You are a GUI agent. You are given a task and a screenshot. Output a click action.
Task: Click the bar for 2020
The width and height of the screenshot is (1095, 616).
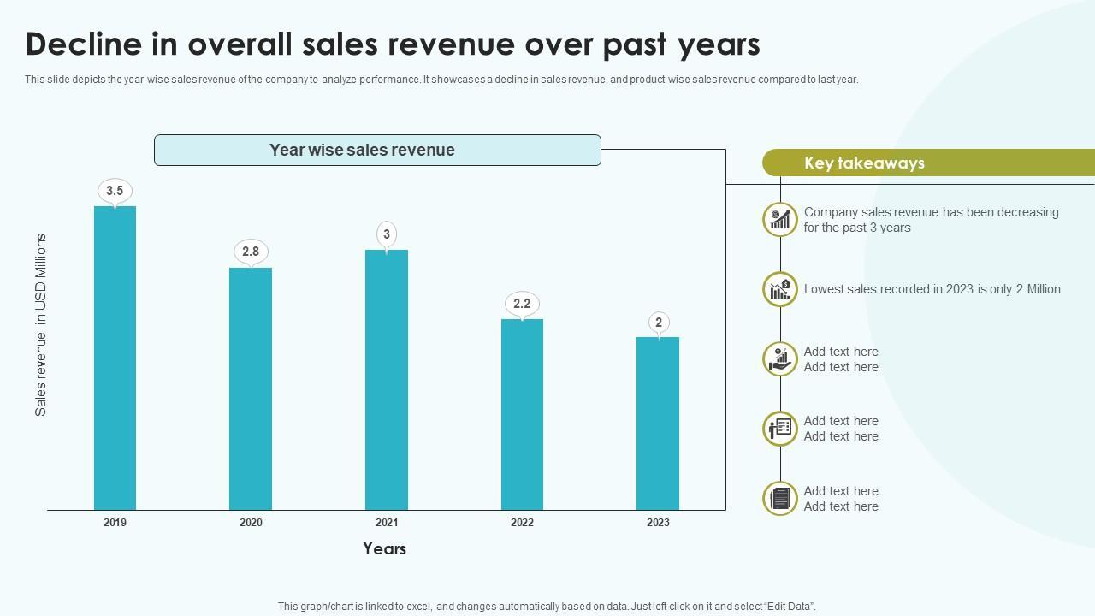(251, 388)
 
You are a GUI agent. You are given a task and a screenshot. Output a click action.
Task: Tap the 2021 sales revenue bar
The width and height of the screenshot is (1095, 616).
(387, 380)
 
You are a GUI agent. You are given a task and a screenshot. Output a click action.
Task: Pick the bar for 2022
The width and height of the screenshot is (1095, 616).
(522, 414)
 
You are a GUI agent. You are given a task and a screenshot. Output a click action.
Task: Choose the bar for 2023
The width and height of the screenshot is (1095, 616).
(658, 423)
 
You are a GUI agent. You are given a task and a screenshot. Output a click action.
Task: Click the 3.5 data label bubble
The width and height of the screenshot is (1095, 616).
(115, 191)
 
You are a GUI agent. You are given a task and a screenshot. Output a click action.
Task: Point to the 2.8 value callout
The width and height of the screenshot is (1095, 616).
(251, 252)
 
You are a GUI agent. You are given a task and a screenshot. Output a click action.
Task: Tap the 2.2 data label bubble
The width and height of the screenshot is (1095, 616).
(522, 304)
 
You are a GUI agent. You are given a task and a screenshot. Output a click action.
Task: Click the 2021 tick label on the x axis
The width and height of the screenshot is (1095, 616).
(387, 523)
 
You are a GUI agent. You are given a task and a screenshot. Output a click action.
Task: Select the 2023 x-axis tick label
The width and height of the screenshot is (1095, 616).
(658, 523)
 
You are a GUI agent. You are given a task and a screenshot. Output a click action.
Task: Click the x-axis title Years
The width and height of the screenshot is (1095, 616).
(384, 549)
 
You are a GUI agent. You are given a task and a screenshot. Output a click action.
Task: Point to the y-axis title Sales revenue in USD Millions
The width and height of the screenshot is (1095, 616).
(41, 325)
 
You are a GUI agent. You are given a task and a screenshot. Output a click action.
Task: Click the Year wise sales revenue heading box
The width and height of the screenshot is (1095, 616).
(377, 150)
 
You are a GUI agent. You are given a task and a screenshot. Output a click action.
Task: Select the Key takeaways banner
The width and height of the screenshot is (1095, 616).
(927, 163)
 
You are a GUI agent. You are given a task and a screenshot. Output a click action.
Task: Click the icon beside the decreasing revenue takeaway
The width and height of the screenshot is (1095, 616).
(780, 220)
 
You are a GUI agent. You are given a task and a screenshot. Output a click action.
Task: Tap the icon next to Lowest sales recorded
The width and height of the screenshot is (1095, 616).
(780, 289)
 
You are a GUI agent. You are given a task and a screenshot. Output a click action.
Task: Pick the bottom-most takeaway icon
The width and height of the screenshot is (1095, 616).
(780, 499)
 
